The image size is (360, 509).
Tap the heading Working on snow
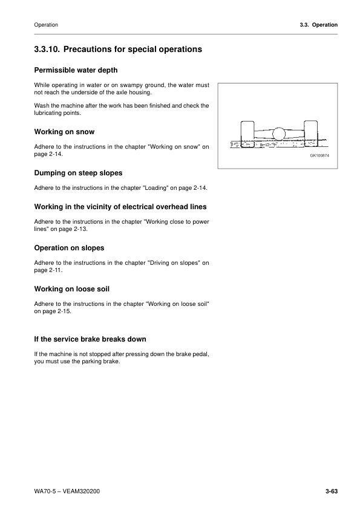tap(64, 131)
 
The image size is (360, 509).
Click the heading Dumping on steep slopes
tap(79, 173)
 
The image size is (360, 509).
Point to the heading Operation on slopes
tap(70, 248)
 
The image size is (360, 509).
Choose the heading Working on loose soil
tap(71, 290)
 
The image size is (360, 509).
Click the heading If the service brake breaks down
tap(90, 339)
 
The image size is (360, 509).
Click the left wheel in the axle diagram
tap(247, 135)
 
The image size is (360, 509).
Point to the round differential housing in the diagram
tap(279, 134)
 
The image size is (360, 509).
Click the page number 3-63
tap(330, 491)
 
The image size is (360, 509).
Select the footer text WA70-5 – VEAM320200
tap(67, 491)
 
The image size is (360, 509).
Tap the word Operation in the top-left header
tap(47, 25)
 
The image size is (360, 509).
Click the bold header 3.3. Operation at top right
tap(314, 25)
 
